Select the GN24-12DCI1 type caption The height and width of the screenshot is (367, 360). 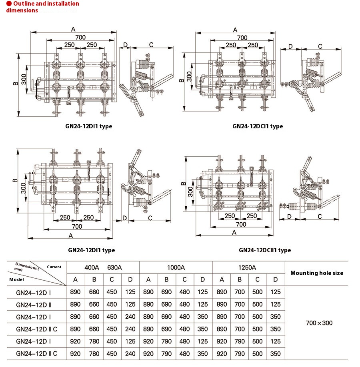click(258, 126)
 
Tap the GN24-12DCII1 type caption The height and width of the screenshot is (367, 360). click(265, 250)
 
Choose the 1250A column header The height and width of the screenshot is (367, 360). click(248, 267)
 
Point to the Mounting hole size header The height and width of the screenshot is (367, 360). click(316, 273)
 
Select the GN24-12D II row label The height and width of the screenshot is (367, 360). click(34, 305)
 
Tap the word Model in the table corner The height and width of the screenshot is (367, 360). click(16, 279)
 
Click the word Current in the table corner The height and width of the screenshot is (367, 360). click(54, 267)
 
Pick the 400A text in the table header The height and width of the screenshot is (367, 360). click(92, 267)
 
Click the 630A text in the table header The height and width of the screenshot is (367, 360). click(114, 267)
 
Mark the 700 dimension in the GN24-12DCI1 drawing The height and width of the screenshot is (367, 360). click(242, 38)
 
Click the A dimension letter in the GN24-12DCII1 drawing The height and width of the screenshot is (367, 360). click(235, 232)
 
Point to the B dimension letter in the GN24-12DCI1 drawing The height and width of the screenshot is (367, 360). click(182, 80)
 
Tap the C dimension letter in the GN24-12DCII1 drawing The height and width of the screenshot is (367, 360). click(320, 216)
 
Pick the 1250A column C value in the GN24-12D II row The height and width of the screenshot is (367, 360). click(258, 305)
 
